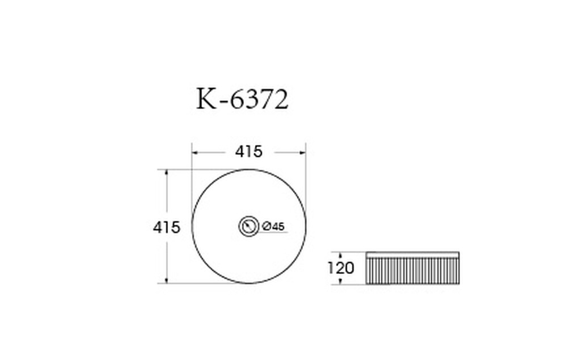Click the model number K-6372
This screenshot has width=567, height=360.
243,100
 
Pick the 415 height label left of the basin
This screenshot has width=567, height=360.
166,227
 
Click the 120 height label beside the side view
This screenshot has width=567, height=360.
340,268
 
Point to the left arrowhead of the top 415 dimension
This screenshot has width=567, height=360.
194,152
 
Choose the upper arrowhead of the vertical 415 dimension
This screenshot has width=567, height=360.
166,172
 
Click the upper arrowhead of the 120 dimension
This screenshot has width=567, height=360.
340,255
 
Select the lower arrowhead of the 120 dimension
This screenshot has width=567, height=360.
340,282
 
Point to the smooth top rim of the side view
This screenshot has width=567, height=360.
412,255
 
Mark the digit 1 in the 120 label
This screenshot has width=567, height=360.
331,268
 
